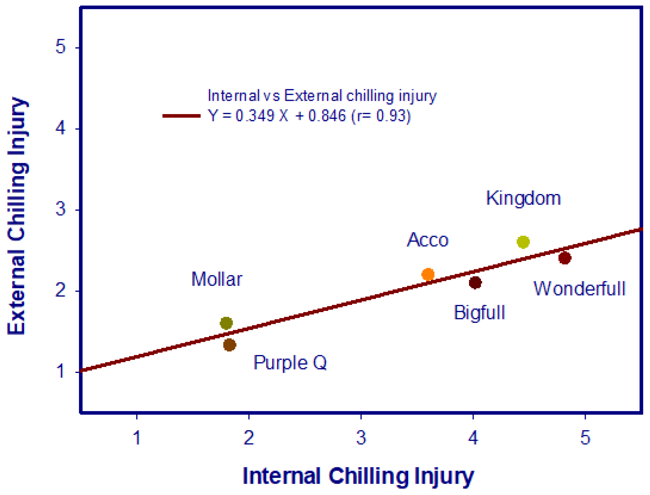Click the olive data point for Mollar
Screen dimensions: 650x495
click(226, 323)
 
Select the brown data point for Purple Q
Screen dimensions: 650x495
click(229, 345)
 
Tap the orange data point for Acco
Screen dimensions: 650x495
click(428, 274)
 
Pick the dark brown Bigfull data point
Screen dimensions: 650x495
click(475, 283)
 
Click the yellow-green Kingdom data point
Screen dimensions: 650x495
click(523, 242)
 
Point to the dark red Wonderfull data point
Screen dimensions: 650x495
click(565, 258)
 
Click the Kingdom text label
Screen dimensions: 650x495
click(523, 198)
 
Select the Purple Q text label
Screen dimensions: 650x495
click(290, 363)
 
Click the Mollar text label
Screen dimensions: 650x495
click(217, 279)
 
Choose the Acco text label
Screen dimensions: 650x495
click(428, 240)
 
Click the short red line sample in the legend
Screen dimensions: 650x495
click(182, 116)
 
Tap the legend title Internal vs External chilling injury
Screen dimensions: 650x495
click(322, 96)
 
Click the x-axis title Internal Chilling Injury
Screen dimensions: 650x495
click(358, 476)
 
